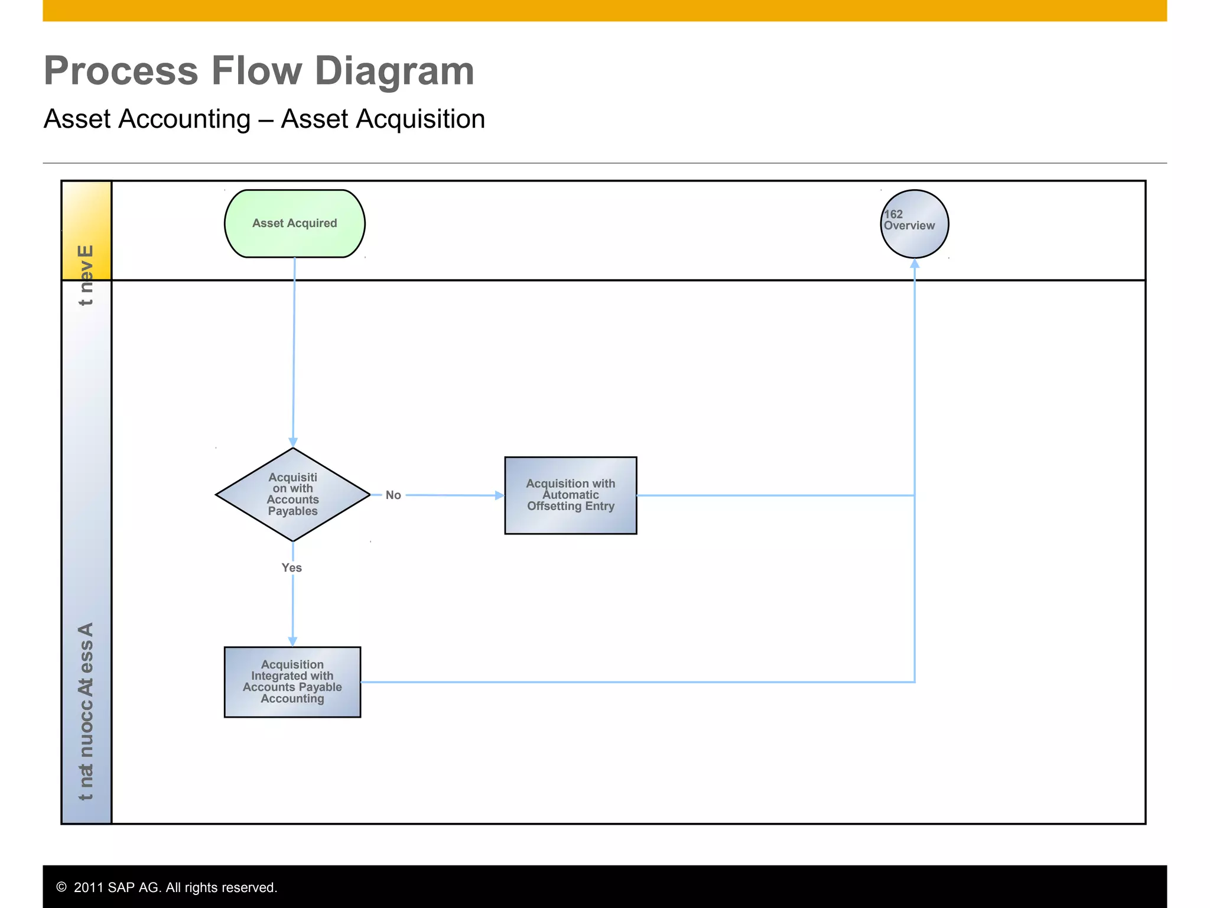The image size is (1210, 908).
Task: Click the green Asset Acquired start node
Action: pos(294,223)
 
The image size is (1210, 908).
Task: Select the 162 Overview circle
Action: pos(914,224)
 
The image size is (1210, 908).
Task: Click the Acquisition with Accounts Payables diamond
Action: pos(292,494)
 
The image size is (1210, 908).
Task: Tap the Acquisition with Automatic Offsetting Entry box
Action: pos(570,495)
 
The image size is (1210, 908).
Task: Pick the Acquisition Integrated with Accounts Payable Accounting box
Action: pos(292,682)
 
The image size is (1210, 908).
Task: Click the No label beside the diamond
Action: pos(393,495)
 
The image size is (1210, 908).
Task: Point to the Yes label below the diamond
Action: pos(291,567)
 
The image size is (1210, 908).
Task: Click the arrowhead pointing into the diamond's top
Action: pos(293,442)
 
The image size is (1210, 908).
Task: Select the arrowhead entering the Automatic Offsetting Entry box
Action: pos(499,495)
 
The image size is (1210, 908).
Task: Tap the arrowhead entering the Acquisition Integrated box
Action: pos(292,641)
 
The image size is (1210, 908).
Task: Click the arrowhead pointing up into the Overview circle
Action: pos(915,264)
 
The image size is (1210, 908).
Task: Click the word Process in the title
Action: pos(121,71)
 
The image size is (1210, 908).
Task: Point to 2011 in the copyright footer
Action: pos(89,887)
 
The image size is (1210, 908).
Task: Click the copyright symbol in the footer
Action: pos(61,887)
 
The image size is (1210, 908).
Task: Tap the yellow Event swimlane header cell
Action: pos(86,230)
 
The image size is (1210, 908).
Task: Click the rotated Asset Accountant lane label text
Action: pos(86,709)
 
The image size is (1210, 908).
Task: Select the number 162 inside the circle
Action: pos(893,215)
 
